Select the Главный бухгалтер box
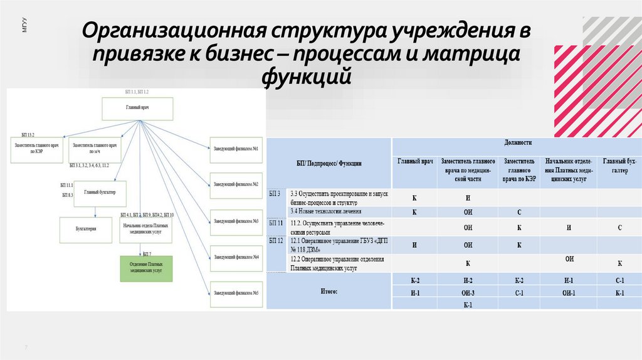coord(100,193)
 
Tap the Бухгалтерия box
coord(85,230)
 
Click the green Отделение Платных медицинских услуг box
coord(146,268)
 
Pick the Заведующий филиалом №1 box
coord(236,149)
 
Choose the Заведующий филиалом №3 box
coord(236,221)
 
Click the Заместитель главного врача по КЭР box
coord(37,148)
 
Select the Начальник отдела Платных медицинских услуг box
coord(145,230)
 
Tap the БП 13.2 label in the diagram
coord(28,135)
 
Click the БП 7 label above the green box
coord(147,253)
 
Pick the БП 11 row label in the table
coord(276,223)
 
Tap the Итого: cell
coord(329,292)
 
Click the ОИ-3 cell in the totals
coord(468,293)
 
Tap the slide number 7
coord(26,347)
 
